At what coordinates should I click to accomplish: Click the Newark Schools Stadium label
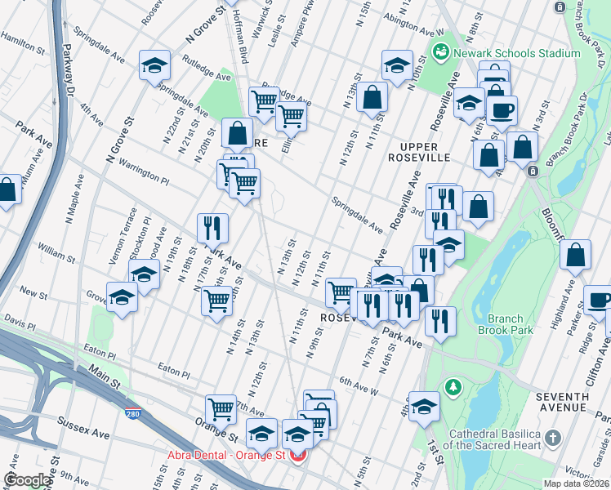pos(518,53)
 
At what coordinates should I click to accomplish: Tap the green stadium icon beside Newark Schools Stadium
pos(442,53)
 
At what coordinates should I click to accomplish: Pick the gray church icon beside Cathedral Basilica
pos(555,438)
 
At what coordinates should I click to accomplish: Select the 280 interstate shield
pos(132,414)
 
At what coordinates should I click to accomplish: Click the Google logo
pos(28,480)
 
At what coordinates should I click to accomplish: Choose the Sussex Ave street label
pos(83,425)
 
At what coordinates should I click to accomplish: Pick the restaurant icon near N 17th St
pos(212,228)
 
